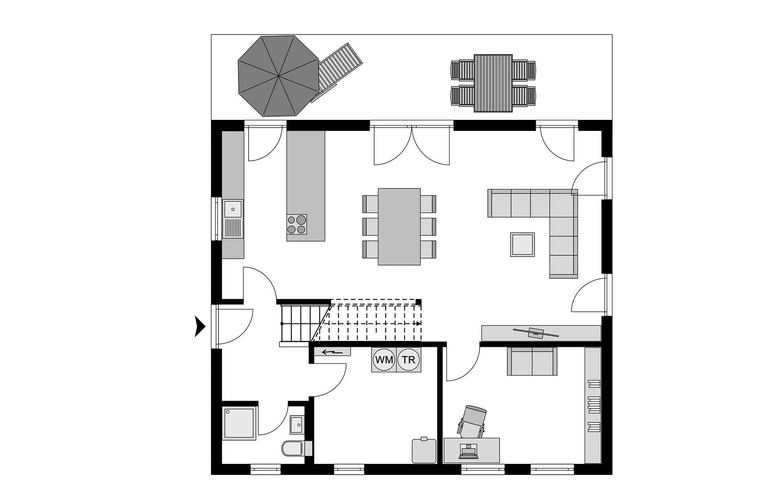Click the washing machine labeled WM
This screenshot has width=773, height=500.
[x=384, y=360]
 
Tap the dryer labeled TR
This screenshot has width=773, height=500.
[x=409, y=360]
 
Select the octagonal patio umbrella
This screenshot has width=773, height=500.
[x=278, y=76]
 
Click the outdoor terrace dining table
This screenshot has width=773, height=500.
[x=493, y=83]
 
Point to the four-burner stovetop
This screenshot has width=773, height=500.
[x=297, y=224]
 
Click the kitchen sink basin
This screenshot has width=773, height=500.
[x=233, y=209]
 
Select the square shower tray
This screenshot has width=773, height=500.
[x=239, y=423]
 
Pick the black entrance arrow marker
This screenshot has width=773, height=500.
[x=200, y=326]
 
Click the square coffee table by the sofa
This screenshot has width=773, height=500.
[x=522, y=244]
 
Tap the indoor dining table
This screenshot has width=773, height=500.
[x=399, y=226]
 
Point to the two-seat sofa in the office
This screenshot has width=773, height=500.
[x=532, y=361]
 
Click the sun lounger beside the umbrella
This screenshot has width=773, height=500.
[x=336, y=72]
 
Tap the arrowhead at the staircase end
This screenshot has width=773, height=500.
[x=419, y=324]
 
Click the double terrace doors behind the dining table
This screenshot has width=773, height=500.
[x=412, y=143]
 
